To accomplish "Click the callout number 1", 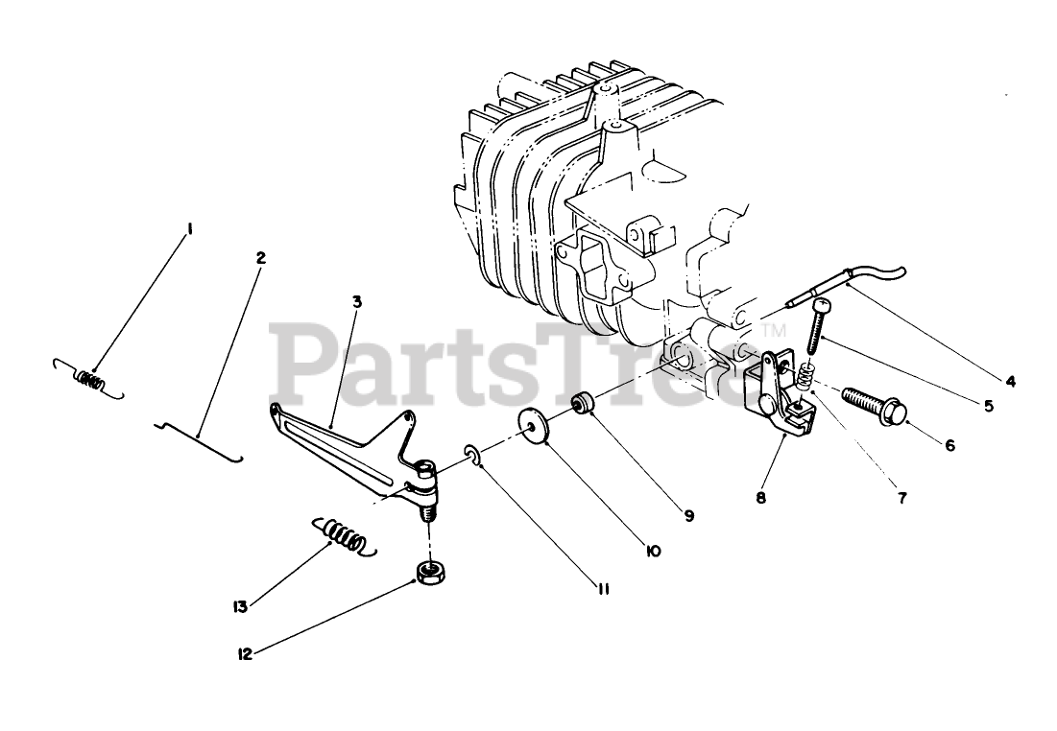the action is coord(190,228).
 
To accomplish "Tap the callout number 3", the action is coord(356,301).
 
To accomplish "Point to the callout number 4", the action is coord(1010,381).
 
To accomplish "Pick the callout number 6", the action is coord(949,445).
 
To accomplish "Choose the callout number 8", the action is coord(761,498).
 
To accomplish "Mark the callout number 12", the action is coord(245,653).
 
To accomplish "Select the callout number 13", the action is coord(239,606).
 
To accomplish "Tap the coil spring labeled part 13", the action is coord(341,535).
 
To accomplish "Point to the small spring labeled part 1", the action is coord(89,378).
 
